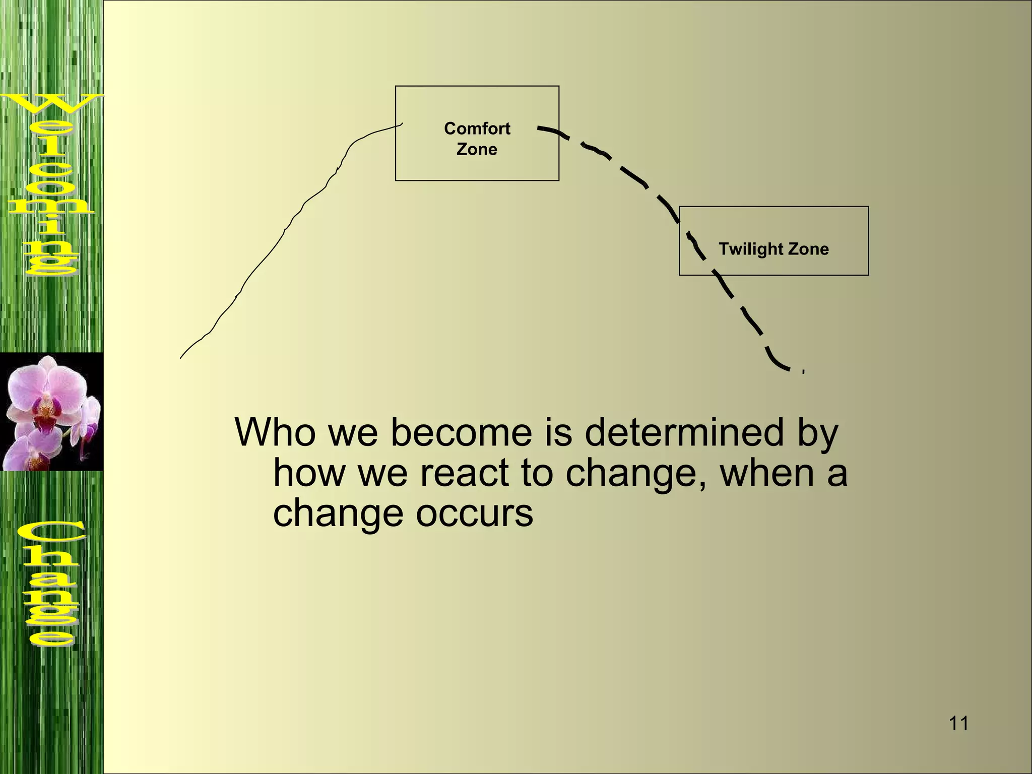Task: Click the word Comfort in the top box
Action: click(477, 128)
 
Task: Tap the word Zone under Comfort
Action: click(477, 149)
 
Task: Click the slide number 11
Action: click(958, 724)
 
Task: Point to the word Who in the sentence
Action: click(275, 432)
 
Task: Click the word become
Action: click(461, 432)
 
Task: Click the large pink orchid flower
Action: click(48, 393)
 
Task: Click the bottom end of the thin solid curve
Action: click(181, 357)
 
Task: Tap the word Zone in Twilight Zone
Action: click(808, 249)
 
